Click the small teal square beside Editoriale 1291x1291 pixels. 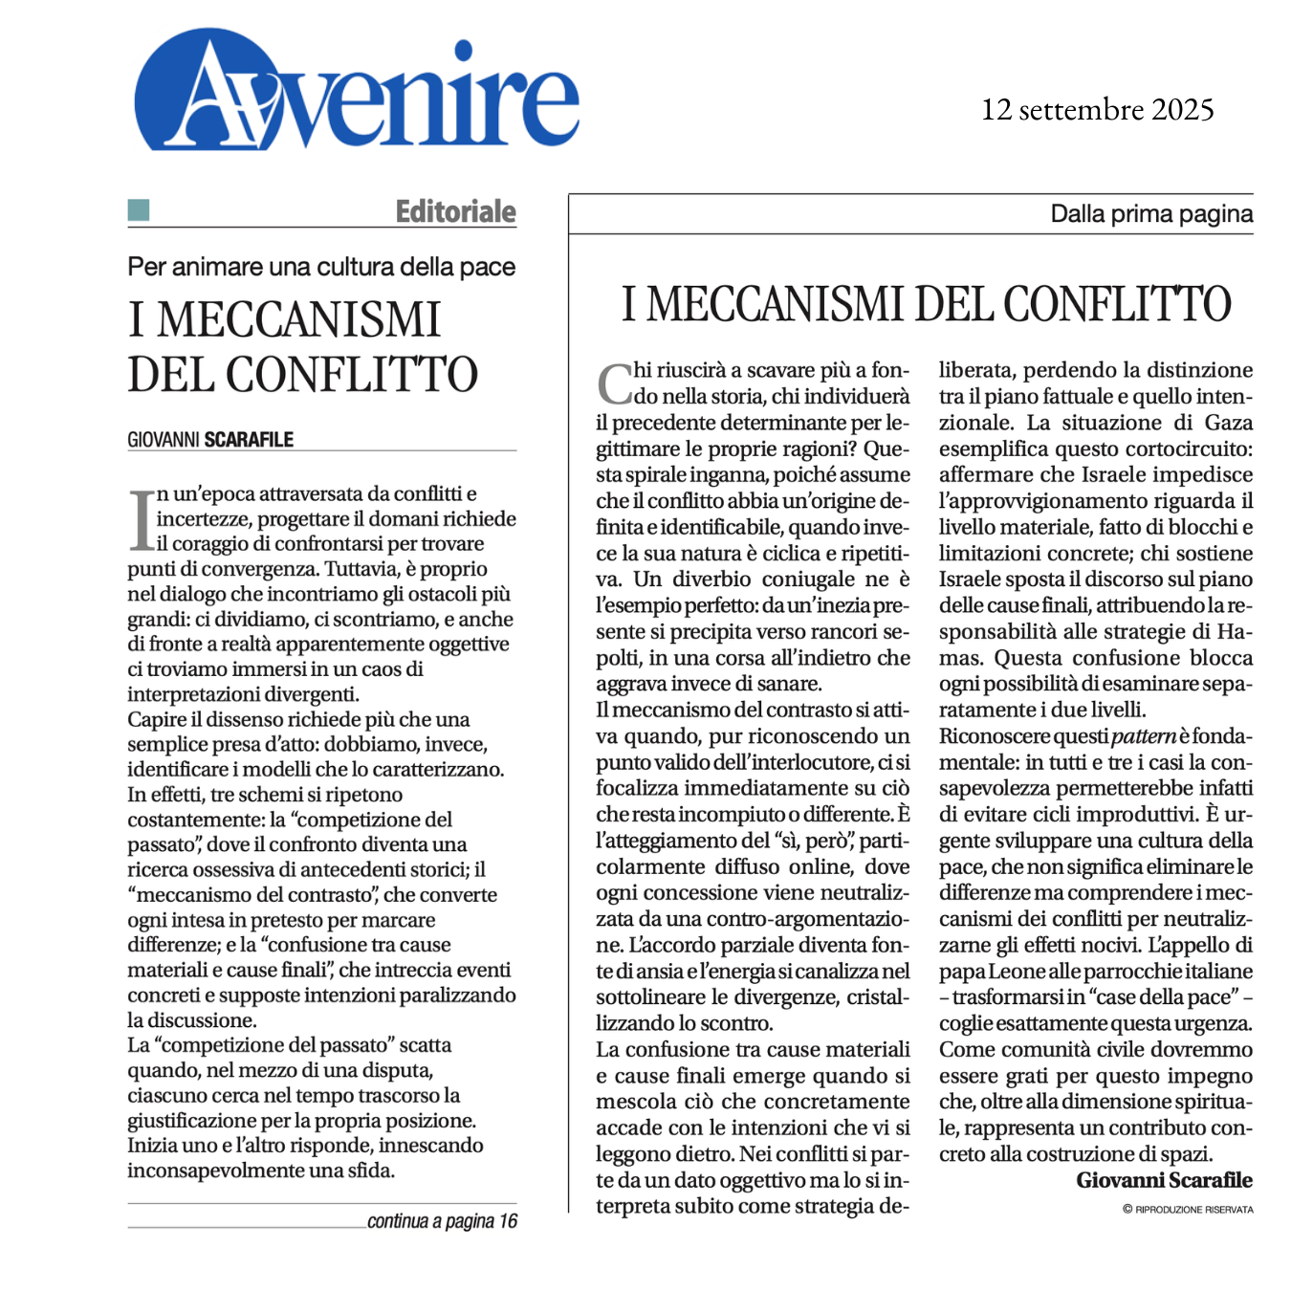pos(139,210)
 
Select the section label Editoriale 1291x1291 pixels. pos(455,211)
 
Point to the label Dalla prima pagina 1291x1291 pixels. pos(1150,213)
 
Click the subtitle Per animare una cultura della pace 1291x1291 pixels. pos(321,267)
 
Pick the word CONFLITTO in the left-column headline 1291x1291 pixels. pos(351,375)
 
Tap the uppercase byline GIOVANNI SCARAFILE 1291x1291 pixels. pos(210,440)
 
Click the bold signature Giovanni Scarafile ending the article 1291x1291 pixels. pos(1164,1180)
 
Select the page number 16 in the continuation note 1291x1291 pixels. pos(508,1221)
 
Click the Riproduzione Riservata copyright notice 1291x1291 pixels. pos(1188,1210)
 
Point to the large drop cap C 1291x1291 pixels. pos(614,383)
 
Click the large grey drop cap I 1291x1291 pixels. pos(142,520)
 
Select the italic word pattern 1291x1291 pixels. pos(1143,736)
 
